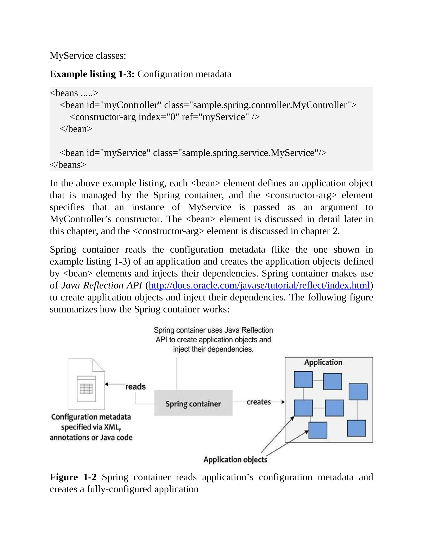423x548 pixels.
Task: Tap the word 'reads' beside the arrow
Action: pos(135,387)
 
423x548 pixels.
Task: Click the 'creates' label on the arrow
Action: pos(259,402)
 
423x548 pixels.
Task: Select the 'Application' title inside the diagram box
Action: pos(323,362)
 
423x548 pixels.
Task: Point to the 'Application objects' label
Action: pos(235,460)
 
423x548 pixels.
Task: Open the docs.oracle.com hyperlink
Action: pos(259,286)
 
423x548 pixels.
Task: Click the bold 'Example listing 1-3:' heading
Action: pos(92,74)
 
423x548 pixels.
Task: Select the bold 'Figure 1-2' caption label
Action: pos(73,477)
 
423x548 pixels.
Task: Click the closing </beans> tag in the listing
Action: pos(68,165)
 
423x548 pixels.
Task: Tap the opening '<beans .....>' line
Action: pos(74,93)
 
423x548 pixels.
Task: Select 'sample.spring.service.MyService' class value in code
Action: pos(248,153)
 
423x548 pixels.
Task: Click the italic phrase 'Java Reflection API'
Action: pos(102,286)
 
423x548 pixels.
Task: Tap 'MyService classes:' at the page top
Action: pos(88,56)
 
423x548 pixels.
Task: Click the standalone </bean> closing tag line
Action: pos(76,129)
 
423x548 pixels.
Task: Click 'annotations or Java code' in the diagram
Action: pos(91,438)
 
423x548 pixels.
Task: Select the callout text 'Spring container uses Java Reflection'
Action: pos(213,330)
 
